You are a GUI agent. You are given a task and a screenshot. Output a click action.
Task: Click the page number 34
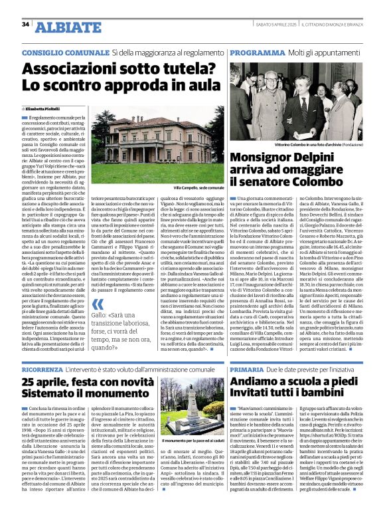click(x=25, y=25)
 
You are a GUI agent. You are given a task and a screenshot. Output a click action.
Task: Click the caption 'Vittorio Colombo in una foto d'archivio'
click(x=308, y=143)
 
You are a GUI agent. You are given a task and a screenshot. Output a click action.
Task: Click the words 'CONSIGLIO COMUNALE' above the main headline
click(x=64, y=52)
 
